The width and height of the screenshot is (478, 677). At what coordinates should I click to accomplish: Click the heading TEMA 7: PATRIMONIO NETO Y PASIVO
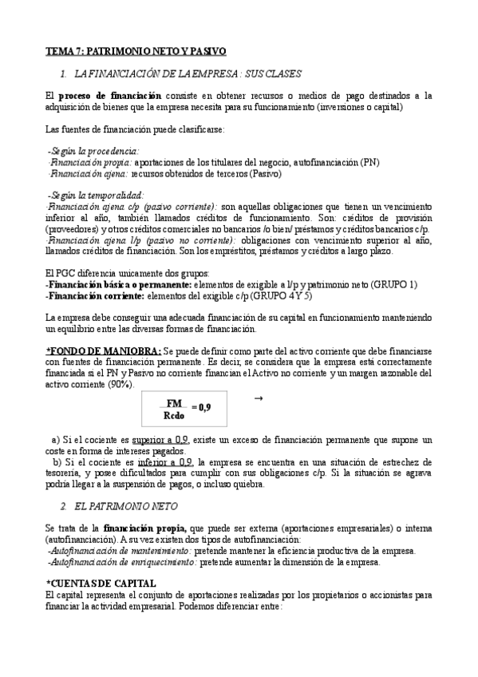(136, 51)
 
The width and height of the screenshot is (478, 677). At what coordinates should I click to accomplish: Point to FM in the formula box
(175, 404)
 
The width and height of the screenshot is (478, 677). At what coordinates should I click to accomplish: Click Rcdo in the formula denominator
(175, 416)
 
